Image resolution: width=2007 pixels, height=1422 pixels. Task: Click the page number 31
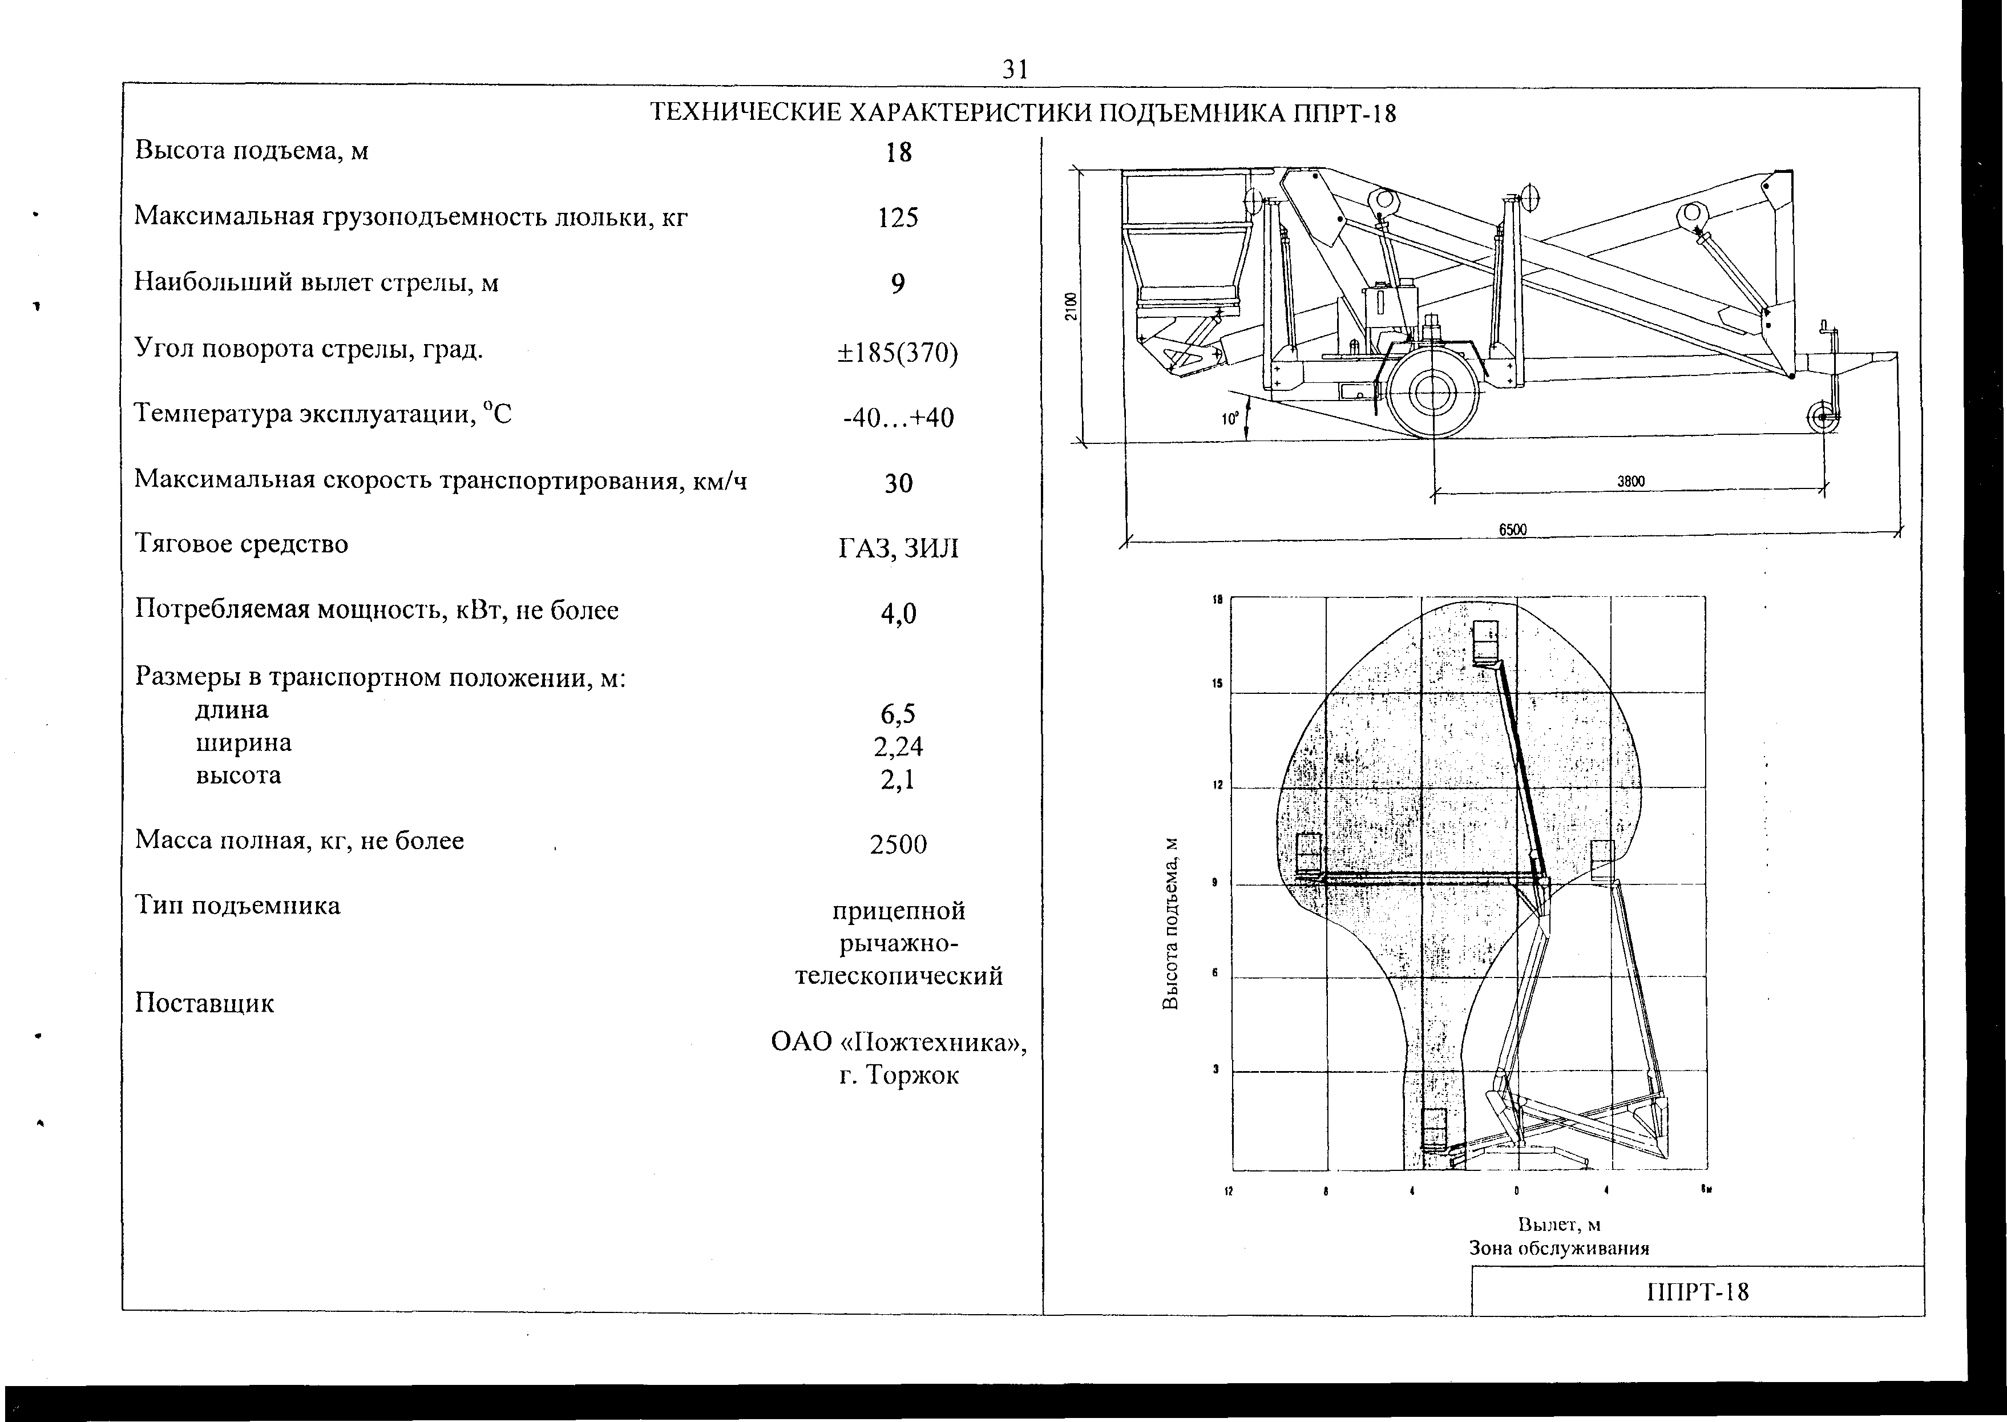pos(1015,69)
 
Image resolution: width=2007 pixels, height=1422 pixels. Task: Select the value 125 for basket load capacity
pos(898,217)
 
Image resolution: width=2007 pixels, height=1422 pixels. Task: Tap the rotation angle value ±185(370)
pos(898,352)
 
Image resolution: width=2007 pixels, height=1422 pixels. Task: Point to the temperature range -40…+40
pos(898,418)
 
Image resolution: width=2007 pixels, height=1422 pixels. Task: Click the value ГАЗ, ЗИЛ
pos(898,549)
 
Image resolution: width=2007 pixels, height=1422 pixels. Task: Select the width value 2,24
pos(898,746)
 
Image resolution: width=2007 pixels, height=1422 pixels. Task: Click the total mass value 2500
pos(898,844)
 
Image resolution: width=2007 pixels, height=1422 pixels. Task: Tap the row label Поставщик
pos(204,1004)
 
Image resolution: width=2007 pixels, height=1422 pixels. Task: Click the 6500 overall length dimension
pos(1512,530)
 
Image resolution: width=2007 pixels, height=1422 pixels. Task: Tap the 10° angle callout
pos(1231,419)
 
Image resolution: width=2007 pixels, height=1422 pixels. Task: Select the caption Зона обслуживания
pos(1558,1248)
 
